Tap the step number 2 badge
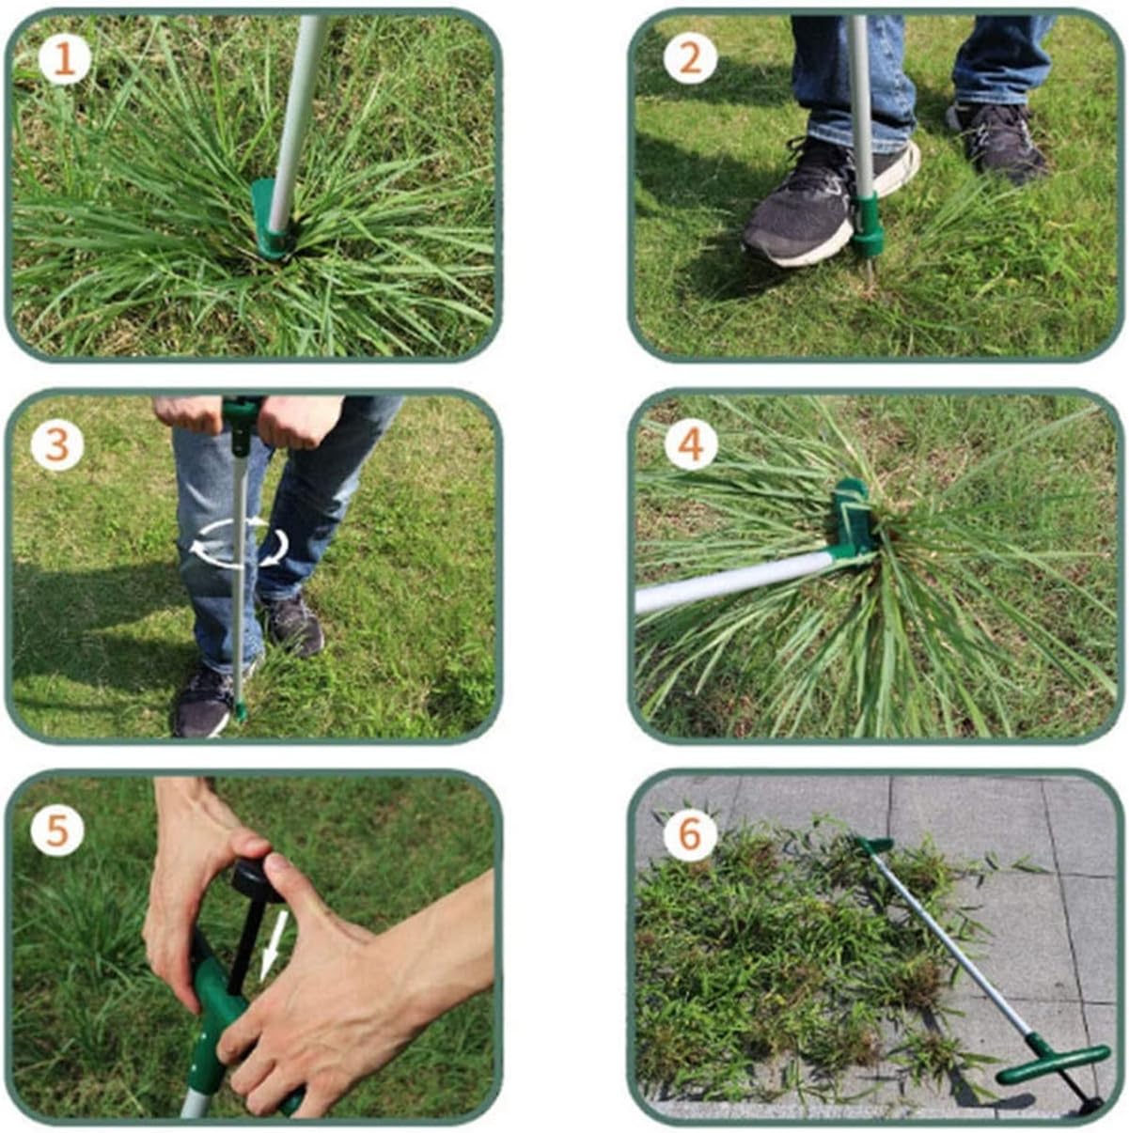click(x=690, y=59)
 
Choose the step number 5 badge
click(x=57, y=830)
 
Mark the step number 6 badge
click(x=691, y=833)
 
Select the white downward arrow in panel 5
click(x=274, y=944)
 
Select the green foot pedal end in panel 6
click(x=874, y=844)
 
